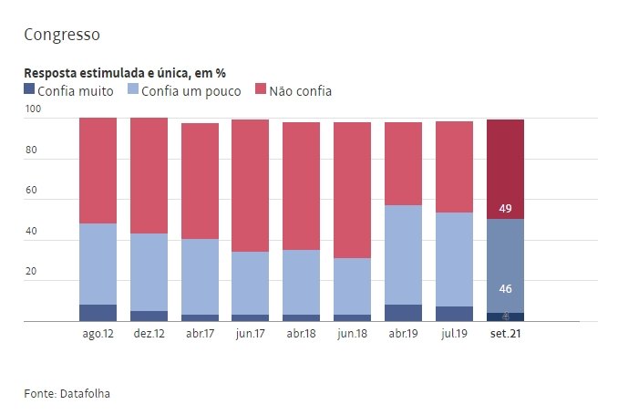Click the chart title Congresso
[x=62, y=35]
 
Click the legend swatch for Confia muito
[x=29, y=90]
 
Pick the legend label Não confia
[x=300, y=90]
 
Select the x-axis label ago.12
[x=98, y=335]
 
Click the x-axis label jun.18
[x=352, y=335]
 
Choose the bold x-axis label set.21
[x=505, y=335]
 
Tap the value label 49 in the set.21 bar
[x=505, y=209]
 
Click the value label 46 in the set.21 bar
[x=505, y=289]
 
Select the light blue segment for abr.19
[x=403, y=254]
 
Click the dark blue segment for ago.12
[x=98, y=313]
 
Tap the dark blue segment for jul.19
[x=454, y=314]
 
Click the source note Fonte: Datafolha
[x=72, y=393]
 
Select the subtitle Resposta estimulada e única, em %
[x=124, y=72]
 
